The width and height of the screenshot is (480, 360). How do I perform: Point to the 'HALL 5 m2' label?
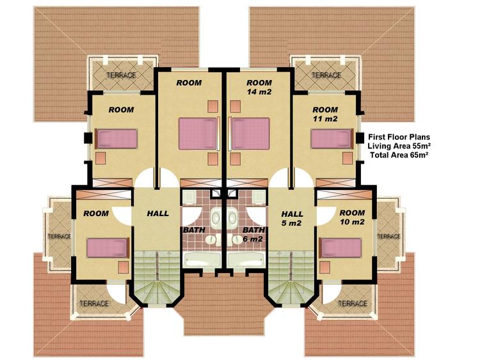point(292,219)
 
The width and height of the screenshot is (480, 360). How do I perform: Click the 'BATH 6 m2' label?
point(253,234)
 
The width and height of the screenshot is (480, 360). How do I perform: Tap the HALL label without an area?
point(157,214)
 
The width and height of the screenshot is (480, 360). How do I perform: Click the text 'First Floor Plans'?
point(399,137)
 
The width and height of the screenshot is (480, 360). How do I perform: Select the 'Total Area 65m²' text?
point(399,155)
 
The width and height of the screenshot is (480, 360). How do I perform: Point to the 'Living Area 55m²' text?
point(399,146)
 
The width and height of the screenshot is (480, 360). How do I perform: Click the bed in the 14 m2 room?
point(250,134)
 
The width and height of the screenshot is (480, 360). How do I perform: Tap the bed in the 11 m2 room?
point(332,139)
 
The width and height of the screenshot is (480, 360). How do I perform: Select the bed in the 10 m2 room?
point(340,247)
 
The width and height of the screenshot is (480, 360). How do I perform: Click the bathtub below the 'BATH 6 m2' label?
point(246,260)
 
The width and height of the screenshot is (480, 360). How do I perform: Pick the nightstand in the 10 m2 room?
point(324,267)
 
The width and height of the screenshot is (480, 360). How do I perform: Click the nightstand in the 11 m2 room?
point(348,159)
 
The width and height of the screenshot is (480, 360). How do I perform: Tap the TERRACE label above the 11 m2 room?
point(326,75)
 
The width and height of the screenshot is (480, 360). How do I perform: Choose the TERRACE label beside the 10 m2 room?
point(388,237)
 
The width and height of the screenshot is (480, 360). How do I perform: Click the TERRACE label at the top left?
point(121,75)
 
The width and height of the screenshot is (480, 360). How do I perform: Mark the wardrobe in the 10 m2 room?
point(344,194)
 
